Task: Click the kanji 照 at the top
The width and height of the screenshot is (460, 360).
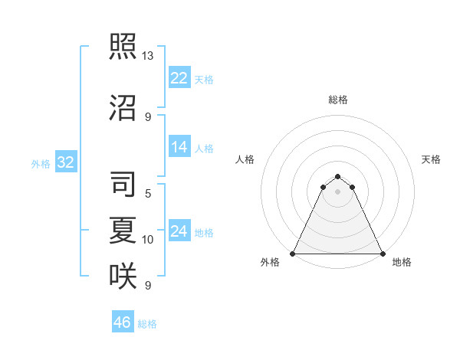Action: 123,47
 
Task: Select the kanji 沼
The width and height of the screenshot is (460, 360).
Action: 123,108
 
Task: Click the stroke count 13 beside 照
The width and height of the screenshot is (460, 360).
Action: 148,56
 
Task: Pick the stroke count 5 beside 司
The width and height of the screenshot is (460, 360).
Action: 148,194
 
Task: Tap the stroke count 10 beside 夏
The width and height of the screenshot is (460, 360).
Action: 148,240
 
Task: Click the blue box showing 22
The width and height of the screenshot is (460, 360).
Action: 179,78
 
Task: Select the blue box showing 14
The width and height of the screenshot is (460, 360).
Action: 179,147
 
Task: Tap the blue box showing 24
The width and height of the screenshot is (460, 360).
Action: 179,231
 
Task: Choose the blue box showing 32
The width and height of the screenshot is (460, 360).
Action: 65,162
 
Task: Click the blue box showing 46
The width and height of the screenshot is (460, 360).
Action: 123,322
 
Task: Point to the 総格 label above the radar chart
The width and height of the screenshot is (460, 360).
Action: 338,100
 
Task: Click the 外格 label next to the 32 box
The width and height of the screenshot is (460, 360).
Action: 41,163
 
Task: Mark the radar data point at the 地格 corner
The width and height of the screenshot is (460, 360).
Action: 383,254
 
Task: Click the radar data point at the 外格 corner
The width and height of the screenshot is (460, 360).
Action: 293,254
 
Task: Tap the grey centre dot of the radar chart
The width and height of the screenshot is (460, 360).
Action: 338,191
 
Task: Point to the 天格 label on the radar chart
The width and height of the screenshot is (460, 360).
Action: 431,159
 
